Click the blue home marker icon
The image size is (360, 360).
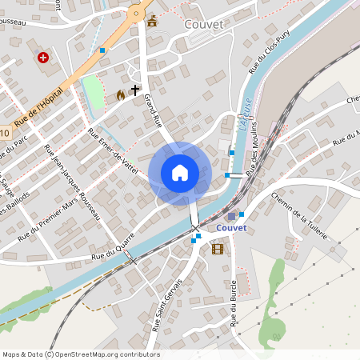click(180, 173)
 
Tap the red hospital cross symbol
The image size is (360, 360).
click(42, 58)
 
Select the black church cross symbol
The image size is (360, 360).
click(135, 91)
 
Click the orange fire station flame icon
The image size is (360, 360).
click(121, 94)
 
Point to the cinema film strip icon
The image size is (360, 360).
click(218, 249)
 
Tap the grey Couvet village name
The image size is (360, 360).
click(203, 24)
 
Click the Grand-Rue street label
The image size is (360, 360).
click(153, 111)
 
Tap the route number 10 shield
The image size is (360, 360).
click(4, 133)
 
